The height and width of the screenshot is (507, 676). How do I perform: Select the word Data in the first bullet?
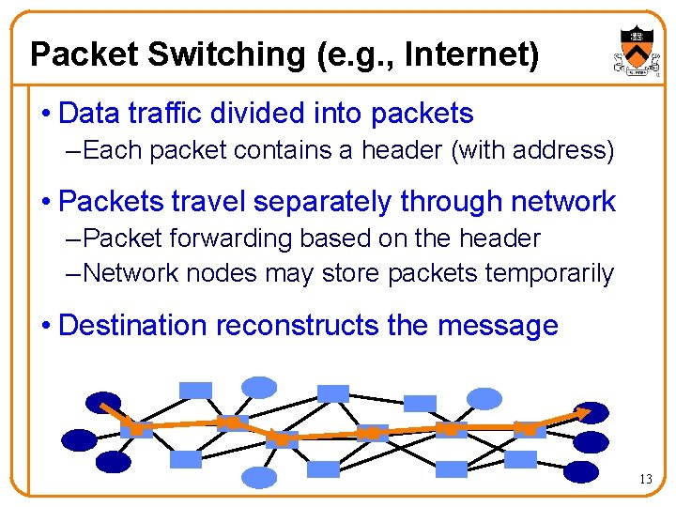coord(87,114)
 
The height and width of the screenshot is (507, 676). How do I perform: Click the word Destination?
coord(133,326)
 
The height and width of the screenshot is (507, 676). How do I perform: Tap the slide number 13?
coord(645,480)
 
